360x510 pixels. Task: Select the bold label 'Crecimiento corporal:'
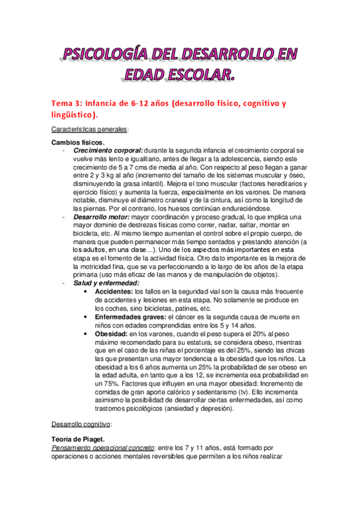[108, 149]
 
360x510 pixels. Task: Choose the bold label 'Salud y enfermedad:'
[106, 282]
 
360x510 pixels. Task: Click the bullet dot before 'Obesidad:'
[88, 333]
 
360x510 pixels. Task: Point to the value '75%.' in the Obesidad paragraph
[94, 383]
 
